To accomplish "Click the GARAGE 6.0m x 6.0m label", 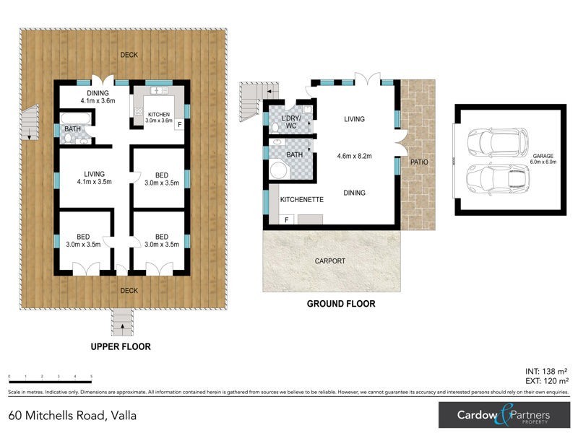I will pos(543,159).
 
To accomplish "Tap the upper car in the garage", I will pos(499,141).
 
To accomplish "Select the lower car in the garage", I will pos(499,178).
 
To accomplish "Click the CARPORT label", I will pos(331,261).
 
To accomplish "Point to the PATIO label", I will pos(419,162).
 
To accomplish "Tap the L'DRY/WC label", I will pos(290,122).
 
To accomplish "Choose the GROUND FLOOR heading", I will pos(341,304).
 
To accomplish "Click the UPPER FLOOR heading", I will pos(121,347).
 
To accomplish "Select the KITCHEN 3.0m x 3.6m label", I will pos(160,118).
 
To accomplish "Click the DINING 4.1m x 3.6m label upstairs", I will pos(97,97).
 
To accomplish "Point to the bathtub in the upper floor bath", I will pos(73,118).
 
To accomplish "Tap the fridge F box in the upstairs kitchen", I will pos(179,124).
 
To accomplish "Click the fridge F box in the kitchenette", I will pos(287,219).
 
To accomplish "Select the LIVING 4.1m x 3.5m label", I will pos(95,178).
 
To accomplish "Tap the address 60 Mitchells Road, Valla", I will pos(72,415).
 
